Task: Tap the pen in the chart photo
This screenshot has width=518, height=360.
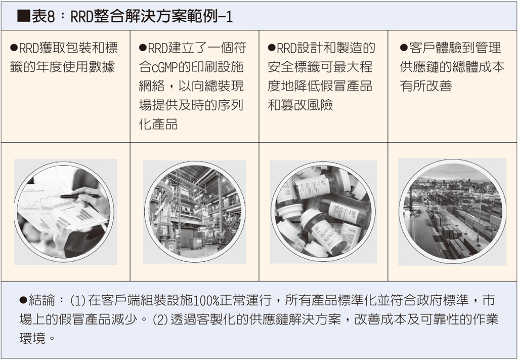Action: pyautogui.click(x=80, y=196)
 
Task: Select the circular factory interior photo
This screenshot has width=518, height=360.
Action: pyautogui.click(x=195, y=212)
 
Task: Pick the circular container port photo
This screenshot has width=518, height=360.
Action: pyautogui.click(x=452, y=212)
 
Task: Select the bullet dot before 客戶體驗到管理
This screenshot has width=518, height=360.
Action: pyautogui.click(x=404, y=48)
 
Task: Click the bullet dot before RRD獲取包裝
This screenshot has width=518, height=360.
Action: pyautogui.click(x=14, y=48)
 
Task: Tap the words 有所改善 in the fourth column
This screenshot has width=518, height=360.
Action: pyautogui.click(x=426, y=86)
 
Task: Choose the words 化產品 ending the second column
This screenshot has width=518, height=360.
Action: pyautogui.click(x=158, y=124)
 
